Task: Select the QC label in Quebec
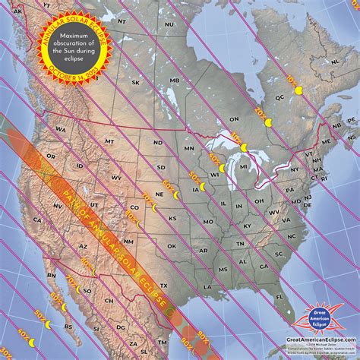point(279,97)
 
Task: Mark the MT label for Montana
point(109,141)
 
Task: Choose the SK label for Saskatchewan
point(136,83)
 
